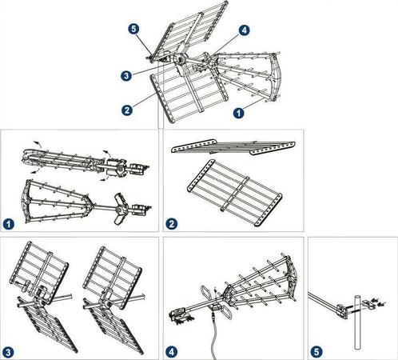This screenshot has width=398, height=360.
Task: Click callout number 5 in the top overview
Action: tap(133, 29)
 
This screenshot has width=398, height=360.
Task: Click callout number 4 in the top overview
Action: tap(245, 30)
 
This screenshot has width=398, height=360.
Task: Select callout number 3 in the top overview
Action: tap(126, 76)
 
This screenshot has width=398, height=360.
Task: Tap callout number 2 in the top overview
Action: tap(127, 110)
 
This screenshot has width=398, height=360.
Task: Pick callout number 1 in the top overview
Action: tap(239, 113)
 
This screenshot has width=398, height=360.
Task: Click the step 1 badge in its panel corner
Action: tap(9, 224)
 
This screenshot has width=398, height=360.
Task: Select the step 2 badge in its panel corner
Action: tap(172, 224)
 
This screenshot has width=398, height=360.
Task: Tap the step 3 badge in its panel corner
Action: tap(8, 353)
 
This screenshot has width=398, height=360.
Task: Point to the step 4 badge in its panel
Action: tap(172, 352)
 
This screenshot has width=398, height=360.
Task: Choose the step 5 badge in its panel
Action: tap(316, 352)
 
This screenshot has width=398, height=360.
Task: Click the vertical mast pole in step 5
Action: tap(358, 322)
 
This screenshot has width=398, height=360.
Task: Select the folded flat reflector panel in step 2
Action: tap(233, 147)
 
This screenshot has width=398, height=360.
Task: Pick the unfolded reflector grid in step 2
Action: tap(235, 193)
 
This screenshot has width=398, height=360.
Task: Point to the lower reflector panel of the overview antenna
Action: tap(189, 95)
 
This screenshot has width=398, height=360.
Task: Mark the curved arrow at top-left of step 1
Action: tap(38, 144)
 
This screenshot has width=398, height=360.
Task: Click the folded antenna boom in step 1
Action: tap(86, 161)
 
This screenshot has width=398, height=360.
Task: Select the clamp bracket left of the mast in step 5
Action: tap(342, 310)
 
